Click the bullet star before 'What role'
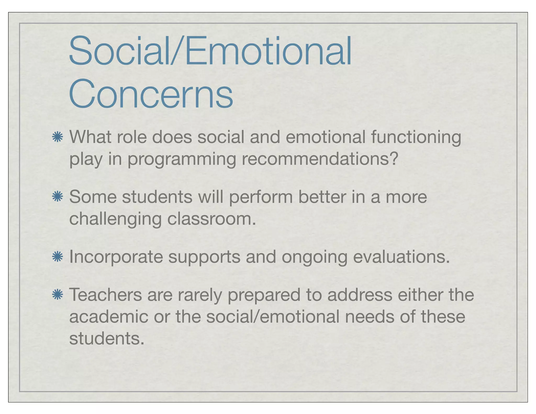click(57, 137)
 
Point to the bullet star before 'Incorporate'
click(57, 257)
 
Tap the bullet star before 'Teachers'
click(57, 295)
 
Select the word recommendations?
click(320, 159)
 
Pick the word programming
click(182, 159)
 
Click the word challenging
click(115, 219)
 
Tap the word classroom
click(211, 219)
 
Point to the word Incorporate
click(116, 257)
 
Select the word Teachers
click(105, 295)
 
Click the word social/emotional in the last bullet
click(273, 316)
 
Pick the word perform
click(261, 197)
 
